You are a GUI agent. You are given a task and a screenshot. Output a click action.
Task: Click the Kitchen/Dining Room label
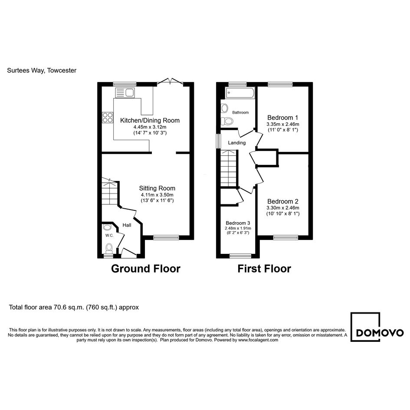[150, 121]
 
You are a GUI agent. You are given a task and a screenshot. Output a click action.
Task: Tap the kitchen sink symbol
[125, 92]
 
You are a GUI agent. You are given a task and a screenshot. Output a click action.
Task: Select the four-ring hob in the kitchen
[108, 117]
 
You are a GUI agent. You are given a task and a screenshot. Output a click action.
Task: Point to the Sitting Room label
[157, 188]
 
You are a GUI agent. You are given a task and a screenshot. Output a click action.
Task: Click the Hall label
[127, 225]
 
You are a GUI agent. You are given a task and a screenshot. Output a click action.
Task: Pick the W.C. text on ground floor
[109, 235]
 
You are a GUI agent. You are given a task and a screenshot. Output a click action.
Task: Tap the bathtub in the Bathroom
[240, 93]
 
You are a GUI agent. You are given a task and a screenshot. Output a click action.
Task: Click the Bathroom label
[240, 112]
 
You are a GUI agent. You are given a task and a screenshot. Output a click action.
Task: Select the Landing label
[236, 143]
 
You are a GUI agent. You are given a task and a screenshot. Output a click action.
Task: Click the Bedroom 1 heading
[282, 118]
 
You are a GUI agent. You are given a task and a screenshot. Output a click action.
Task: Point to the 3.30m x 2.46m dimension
[282, 208]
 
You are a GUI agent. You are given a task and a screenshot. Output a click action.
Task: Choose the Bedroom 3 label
[238, 223]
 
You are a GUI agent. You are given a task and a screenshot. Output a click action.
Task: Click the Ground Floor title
[146, 269]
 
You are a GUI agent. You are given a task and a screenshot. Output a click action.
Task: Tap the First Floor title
[264, 269]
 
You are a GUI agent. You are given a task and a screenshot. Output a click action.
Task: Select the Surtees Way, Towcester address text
[42, 70]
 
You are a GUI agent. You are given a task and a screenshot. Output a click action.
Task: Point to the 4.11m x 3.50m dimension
[157, 195]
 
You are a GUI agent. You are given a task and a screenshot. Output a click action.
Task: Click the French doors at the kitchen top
[170, 81]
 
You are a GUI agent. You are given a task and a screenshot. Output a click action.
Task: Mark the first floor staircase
[229, 168]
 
